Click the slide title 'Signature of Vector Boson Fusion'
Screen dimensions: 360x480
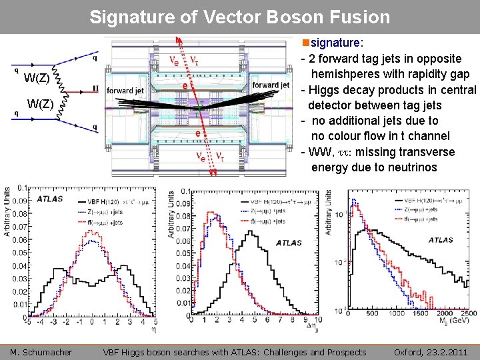(239, 17)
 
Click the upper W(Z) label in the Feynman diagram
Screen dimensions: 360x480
(36, 79)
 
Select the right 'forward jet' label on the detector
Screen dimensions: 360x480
(271, 85)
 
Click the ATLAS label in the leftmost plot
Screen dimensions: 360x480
(51, 199)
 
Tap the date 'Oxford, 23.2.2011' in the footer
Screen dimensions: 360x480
(431, 352)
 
